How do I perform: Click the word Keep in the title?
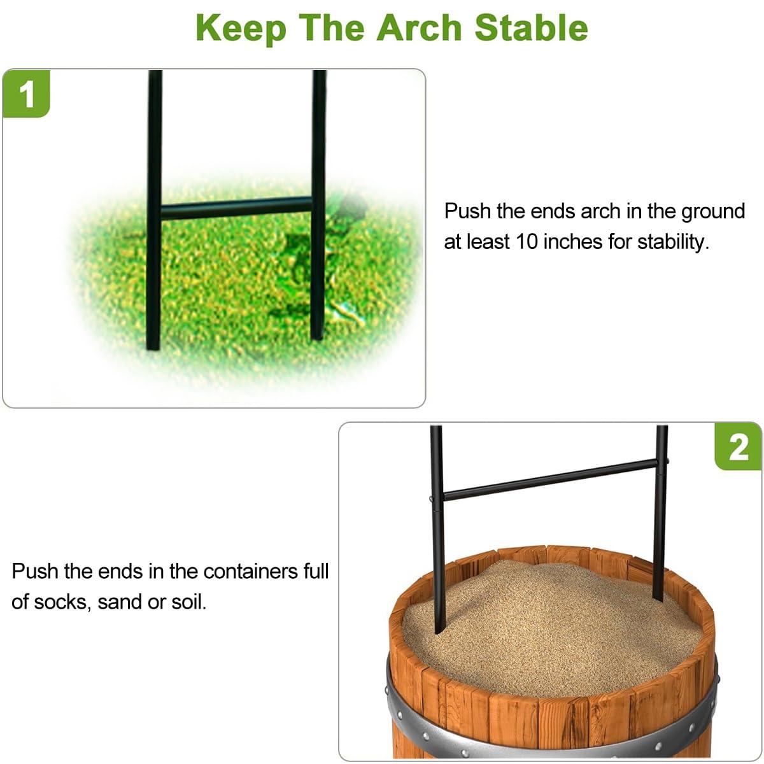241,29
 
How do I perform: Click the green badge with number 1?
26,94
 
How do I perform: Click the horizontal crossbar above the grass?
236,208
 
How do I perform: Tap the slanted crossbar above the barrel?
550,479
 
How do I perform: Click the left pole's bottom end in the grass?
153,347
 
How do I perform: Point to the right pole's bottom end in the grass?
317,337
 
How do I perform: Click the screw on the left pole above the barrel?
432,499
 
